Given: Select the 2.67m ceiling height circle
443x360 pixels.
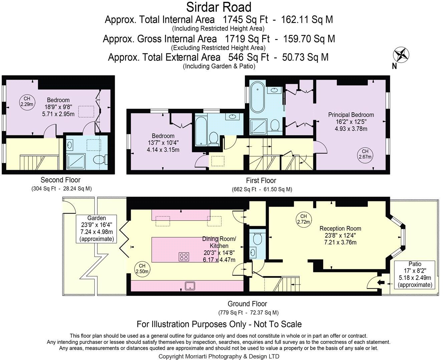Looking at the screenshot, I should pos(365,154).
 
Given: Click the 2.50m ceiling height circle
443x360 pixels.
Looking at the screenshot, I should pos(142,268).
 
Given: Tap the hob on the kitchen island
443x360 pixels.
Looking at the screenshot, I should pos(184,257).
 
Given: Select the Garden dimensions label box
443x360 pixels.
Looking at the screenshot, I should pos(96,229).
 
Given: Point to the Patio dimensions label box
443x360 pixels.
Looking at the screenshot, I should pos(415,274).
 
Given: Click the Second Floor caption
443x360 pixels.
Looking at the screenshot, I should pos(60,180).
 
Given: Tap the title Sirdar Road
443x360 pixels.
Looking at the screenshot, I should pos(218,7).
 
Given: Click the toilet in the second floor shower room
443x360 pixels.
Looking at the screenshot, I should pos(100,160).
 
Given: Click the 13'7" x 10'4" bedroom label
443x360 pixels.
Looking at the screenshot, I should pos(163,143).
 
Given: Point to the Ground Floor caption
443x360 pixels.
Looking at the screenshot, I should pos(247,304).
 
